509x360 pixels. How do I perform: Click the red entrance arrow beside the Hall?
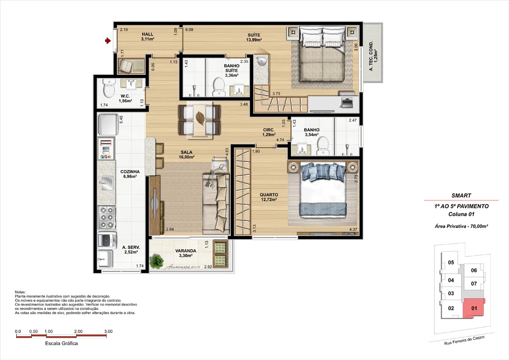pos(108,41)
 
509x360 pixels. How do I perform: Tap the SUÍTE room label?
pos(254,35)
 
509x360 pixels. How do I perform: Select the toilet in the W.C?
pos(109,88)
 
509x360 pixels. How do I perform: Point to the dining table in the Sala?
pos(199,120)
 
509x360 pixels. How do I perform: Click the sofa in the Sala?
pos(215,203)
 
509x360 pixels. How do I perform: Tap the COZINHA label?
pos(130,172)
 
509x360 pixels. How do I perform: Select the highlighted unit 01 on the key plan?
pos(474,308)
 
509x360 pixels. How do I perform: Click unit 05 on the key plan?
pos(451,262)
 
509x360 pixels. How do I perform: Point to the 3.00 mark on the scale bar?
pos(109,332)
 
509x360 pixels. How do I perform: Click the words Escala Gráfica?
pos(61,343)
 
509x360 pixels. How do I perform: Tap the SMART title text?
pos(461,196)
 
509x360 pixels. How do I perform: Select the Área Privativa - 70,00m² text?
pos(461,226)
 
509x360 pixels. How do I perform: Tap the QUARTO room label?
pos(269,195)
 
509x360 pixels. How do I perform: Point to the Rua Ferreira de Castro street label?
pos(464,341)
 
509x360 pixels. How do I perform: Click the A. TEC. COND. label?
pos(371,56)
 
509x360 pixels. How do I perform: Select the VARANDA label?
pos(186,251)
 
